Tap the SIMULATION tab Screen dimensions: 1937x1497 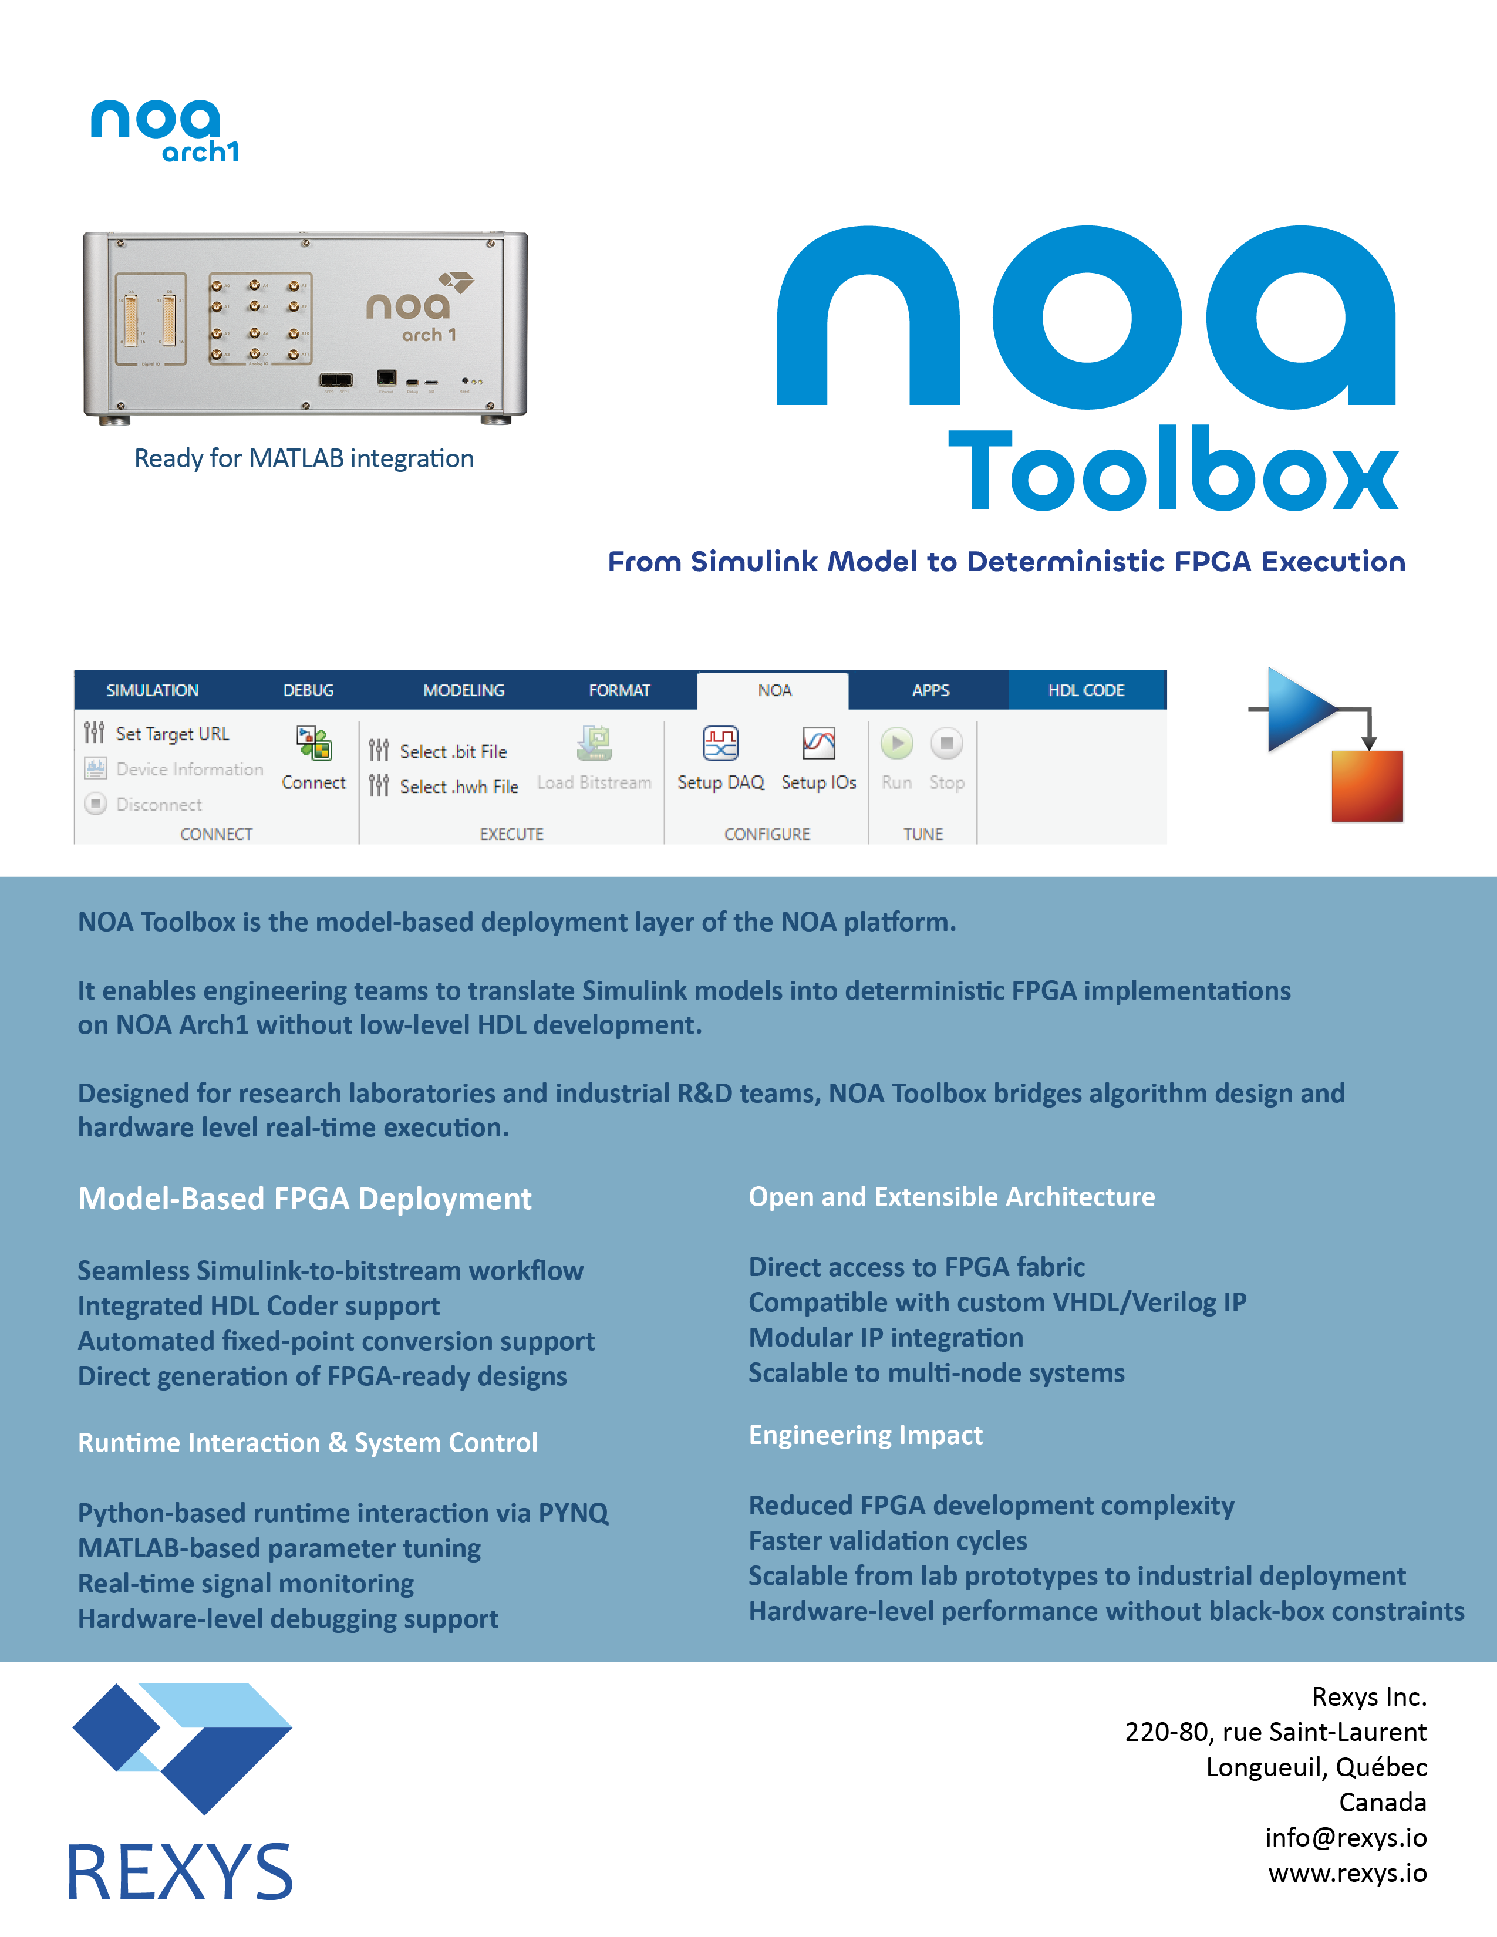click(153, 691)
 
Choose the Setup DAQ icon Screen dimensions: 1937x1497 click(720, 743)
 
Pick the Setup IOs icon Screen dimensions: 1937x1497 click(818, 743)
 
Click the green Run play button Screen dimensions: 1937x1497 click(896, 743)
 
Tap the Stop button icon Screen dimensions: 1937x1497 click(946, 743)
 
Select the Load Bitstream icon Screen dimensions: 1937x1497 click(594, 743)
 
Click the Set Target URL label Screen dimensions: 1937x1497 click(172, 734)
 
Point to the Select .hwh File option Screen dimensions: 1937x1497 click(458, 787)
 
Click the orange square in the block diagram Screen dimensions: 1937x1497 click(1367, 786)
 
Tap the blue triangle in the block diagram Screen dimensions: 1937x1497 click(1297, 710)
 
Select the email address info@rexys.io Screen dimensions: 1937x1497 click(1346, 1838)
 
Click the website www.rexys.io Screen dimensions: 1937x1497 click(1347, 1873)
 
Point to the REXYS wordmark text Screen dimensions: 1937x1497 click(180, 1871)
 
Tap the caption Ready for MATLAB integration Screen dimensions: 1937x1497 click(304, 458)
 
